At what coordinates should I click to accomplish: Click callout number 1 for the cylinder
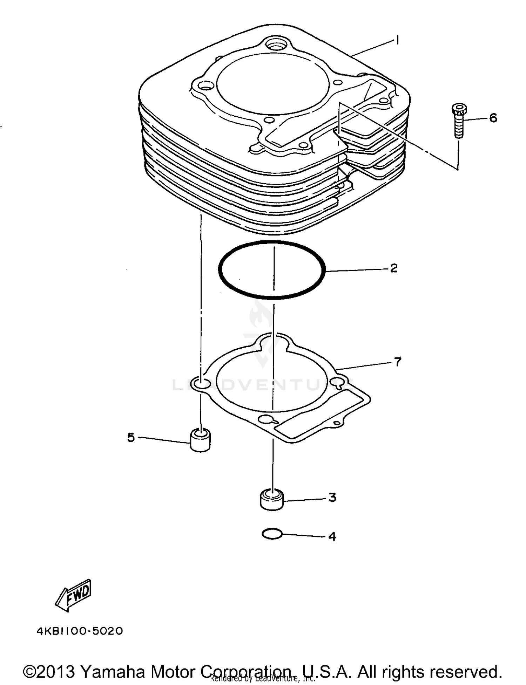(397, 40)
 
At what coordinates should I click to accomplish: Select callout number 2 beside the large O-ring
(393, 268)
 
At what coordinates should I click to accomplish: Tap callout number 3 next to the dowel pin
(332, 497)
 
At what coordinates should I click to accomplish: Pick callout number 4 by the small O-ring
(332, 536)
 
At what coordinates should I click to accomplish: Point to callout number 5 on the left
(131, 437)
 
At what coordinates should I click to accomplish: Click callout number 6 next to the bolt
(493, 118)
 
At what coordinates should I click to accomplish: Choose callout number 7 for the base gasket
(397, 361)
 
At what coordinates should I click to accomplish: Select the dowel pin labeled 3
(271, 499)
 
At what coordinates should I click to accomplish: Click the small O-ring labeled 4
(272, 534)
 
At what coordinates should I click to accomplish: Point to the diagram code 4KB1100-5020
(80, 631)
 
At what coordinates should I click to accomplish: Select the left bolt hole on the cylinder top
(206, 85)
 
